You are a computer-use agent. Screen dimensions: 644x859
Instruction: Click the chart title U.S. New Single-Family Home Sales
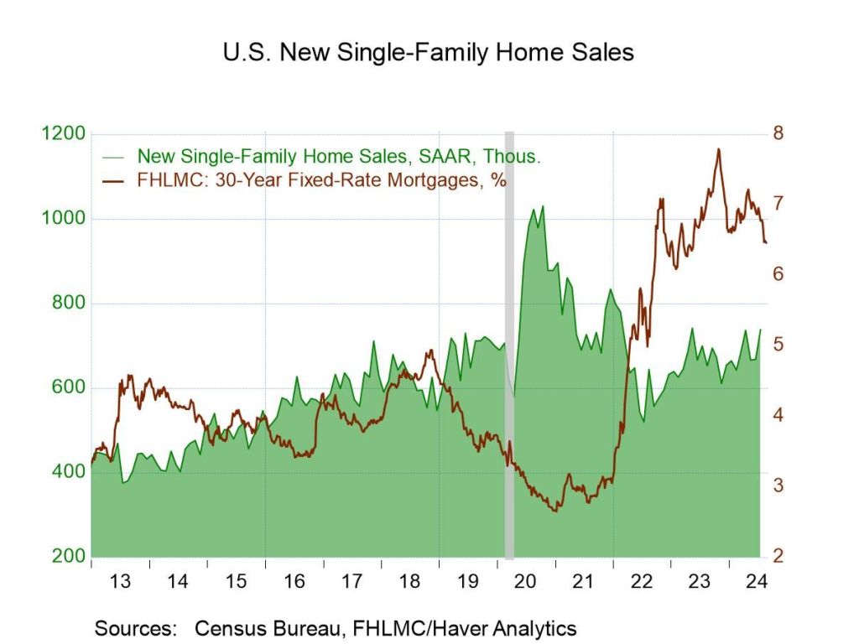(429, 52)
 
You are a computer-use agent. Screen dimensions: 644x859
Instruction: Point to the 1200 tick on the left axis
(63, 134)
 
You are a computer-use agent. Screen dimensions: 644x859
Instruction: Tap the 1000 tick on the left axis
(63, 219)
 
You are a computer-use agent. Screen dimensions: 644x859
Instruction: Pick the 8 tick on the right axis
(778, 134)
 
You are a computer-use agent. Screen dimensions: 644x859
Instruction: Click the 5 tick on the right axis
(778, 345)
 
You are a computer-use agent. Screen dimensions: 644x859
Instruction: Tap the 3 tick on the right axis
(778, 486)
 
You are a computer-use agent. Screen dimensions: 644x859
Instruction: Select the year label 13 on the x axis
(120, 580)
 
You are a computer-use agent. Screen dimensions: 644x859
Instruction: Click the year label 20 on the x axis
(526, 580)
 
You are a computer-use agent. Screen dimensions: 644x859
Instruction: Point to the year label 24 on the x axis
(757, 580)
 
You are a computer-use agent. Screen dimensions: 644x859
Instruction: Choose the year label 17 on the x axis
(351, 580)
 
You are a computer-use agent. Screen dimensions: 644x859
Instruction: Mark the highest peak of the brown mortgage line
(718, 149)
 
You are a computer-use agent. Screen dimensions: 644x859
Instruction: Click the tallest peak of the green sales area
(543, 206)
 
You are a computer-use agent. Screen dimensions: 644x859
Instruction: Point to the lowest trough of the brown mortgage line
(556, 511)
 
